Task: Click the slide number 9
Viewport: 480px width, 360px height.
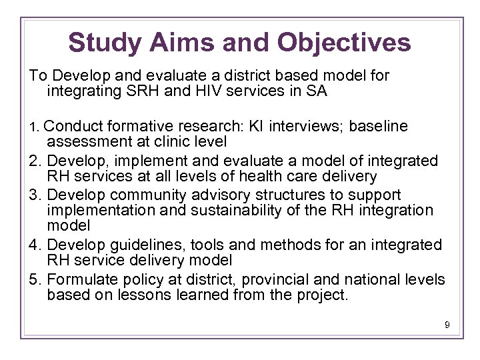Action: (447, 325)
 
